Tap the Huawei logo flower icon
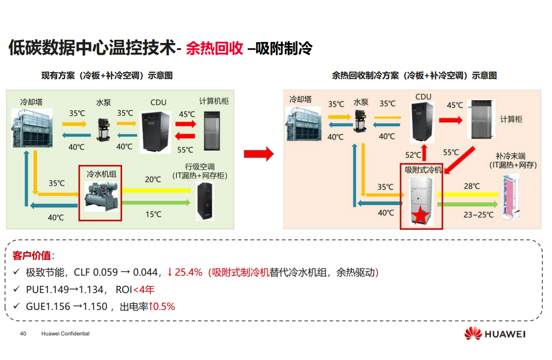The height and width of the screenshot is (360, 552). pos(473,334)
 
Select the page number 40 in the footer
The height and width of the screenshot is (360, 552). pos(23,334)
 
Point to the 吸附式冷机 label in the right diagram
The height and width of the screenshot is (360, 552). pos(422,169)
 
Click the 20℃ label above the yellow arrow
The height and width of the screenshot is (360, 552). pos(153,179)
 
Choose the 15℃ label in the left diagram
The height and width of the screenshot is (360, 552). pos(153,214)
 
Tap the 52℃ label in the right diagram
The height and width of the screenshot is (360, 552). pos(413,154)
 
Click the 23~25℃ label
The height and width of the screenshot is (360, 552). pos(478,215)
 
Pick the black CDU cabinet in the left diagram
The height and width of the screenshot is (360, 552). pos(153,131)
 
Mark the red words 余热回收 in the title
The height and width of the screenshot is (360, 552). pos(214,49)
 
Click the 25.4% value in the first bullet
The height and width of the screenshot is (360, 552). pos(189,272)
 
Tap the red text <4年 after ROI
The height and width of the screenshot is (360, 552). pos(144,290)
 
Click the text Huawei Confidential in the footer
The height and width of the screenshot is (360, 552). pos(65,334)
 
